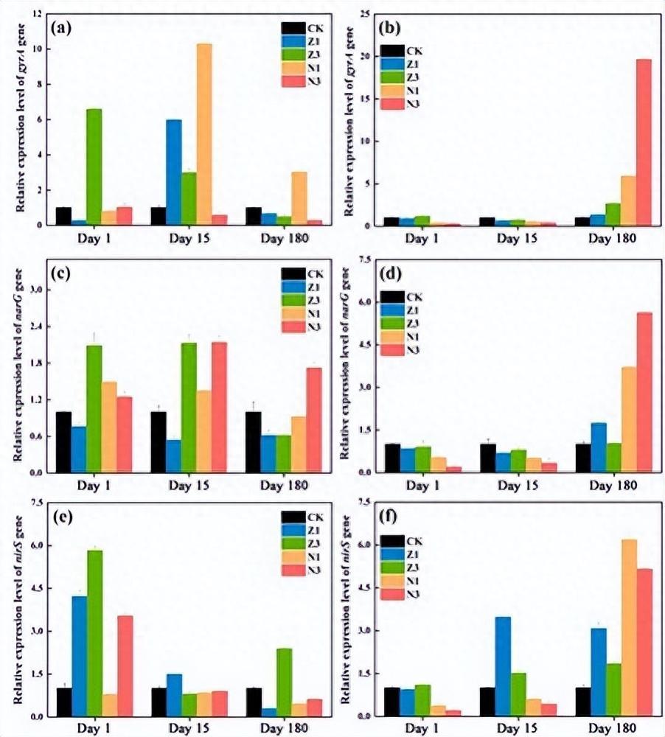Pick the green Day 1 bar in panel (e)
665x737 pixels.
pyautogui.click(x=94, y=633)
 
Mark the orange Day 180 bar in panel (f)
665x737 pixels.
pyautogui.click(x=628, y=627)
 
